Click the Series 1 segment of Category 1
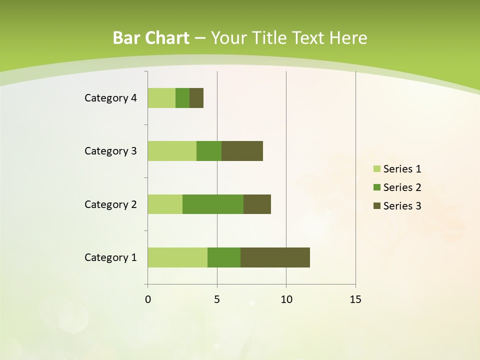[x=177, y=257]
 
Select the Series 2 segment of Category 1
[x=224, y=257]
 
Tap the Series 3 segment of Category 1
[x=275, y=257]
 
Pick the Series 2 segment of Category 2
[x=213, y=204]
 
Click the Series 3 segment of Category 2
[x=257, y=204]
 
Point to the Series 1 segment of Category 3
[x=172, y=151]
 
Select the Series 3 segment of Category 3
[x=242, y=151]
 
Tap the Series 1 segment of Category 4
[x=161, y=98]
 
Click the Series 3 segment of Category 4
[x=196, y=98]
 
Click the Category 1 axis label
[x=110, y=257]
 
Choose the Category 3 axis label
[x=110, y=151]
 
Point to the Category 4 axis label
[x=110, y=98]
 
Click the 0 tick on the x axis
[x=148, y=299]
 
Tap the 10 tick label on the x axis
[x=286, y=299]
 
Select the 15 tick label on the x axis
[x=355, y=299]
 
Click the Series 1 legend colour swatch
[x=376, y=169]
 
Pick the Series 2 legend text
[x=402, y=187]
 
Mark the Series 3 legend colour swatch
[x=376, y=206]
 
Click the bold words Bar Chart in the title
[x=151, y=38]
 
